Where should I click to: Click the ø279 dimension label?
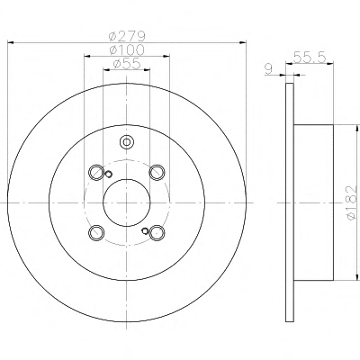coord(127,37)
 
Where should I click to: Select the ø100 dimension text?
coord(127,49)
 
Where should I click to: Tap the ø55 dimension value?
coord(127,64)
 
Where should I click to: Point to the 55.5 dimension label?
coord(310,57)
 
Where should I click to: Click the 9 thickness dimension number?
coord(268,69)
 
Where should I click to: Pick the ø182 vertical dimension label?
coord(351,203)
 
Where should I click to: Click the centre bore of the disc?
coord(126,202)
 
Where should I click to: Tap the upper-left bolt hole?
coord(96,172)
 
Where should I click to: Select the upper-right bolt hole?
coord(157,172)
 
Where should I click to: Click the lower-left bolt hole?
coord(96,233)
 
